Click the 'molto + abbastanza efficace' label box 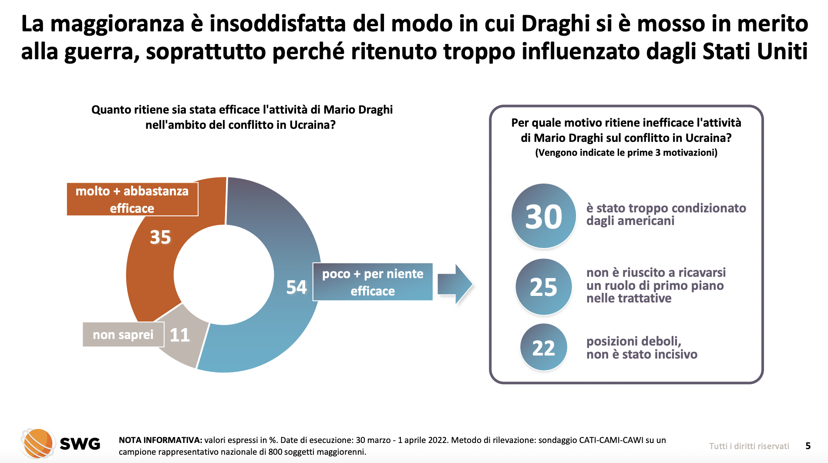[x=132, y=199]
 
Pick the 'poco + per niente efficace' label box [x=373, y=282]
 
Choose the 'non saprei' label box [x=123, y=335]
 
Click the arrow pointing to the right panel [x=454, y=284]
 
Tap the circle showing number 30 [x=544, y=216]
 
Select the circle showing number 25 [x=543, y=287]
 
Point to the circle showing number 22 [x=544, y=347]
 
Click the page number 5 [x=808, y=446]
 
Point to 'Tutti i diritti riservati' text [x=749, y=446]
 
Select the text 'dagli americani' [x=630, y=221]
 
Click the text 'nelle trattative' [x=629, y=299]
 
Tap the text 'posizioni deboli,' [x=633, y=341]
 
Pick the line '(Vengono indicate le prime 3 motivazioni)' [x=626, y=153]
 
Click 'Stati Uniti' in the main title [x=755, y=51]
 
